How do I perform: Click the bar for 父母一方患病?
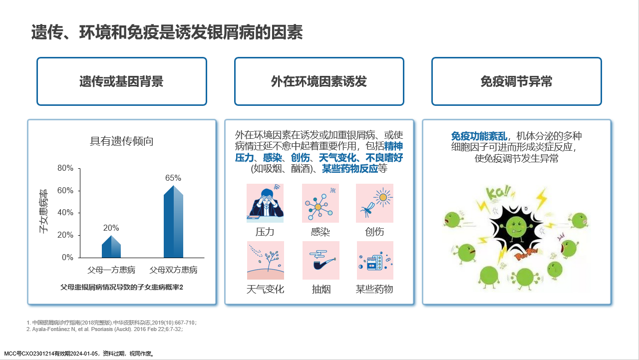point(111,247)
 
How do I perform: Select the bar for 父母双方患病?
point(173,222)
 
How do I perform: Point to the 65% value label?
point(173,178)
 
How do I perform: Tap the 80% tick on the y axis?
point(65,168)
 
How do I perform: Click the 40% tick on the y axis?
point(65,213)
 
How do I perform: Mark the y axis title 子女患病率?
point(43,211)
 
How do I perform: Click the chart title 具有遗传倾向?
point(121,141)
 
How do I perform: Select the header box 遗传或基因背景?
point(122,81)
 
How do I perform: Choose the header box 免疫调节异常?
point(517,81)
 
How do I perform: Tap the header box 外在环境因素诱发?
point(319,81)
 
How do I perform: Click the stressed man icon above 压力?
point(265,203)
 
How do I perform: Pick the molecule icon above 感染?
point(320,203)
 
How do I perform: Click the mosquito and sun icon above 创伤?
point(374,203)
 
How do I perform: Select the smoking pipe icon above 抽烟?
point(321,261)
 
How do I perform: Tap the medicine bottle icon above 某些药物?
point(375,261)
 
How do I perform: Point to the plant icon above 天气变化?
point(266,261)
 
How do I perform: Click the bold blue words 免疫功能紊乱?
point(479,136)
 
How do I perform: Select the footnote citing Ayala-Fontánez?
point(105,329)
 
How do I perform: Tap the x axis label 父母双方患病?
point(173,270)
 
